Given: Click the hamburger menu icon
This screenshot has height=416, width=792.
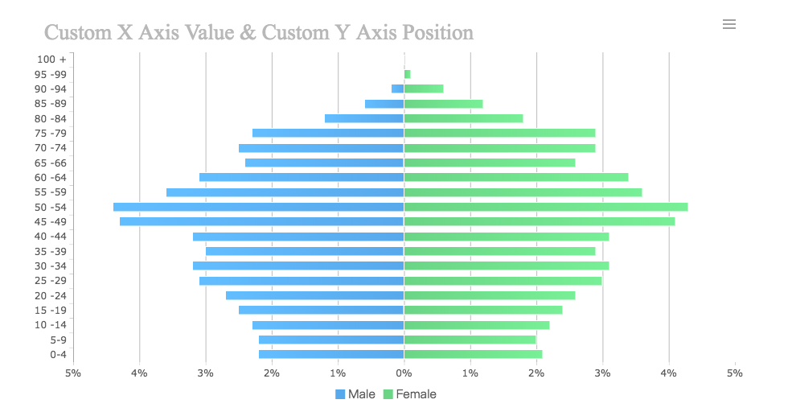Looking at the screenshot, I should (x=729, y=24).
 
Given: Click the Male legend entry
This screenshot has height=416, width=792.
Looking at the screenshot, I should (x=355, y=394).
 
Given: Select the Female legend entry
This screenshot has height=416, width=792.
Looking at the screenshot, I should (x=409, y=394).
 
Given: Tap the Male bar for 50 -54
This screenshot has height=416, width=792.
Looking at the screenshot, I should (x=258, y=207).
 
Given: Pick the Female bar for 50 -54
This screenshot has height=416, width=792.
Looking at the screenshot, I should (x=545, y=207).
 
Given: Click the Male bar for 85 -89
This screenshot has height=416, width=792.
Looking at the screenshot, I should (x=384, y=104).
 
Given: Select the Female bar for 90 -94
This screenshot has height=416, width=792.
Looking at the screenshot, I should (x=424, y=89).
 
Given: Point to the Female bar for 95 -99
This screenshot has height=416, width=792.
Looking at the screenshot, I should (x=407, y=74).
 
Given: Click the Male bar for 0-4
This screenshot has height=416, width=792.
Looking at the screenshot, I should (x=330, y=354).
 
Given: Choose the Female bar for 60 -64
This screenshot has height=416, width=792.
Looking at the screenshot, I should (x=515, y=177).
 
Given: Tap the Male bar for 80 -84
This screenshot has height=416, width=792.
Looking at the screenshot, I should (x=363, y=118).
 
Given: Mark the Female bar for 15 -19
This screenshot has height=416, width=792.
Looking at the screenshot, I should (x=482, y=310).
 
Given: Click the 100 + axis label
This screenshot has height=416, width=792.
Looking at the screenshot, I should (x=51, y=60).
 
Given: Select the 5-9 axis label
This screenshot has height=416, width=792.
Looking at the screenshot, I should (x=58, y=340).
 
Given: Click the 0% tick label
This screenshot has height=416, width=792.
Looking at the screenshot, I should (x=404, y=373).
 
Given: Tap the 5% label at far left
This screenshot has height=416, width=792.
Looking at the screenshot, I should (x=73, y=373).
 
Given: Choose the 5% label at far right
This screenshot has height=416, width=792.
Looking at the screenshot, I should (x=734, y=373).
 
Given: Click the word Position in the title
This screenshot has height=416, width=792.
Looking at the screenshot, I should (x=435, y=33).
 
